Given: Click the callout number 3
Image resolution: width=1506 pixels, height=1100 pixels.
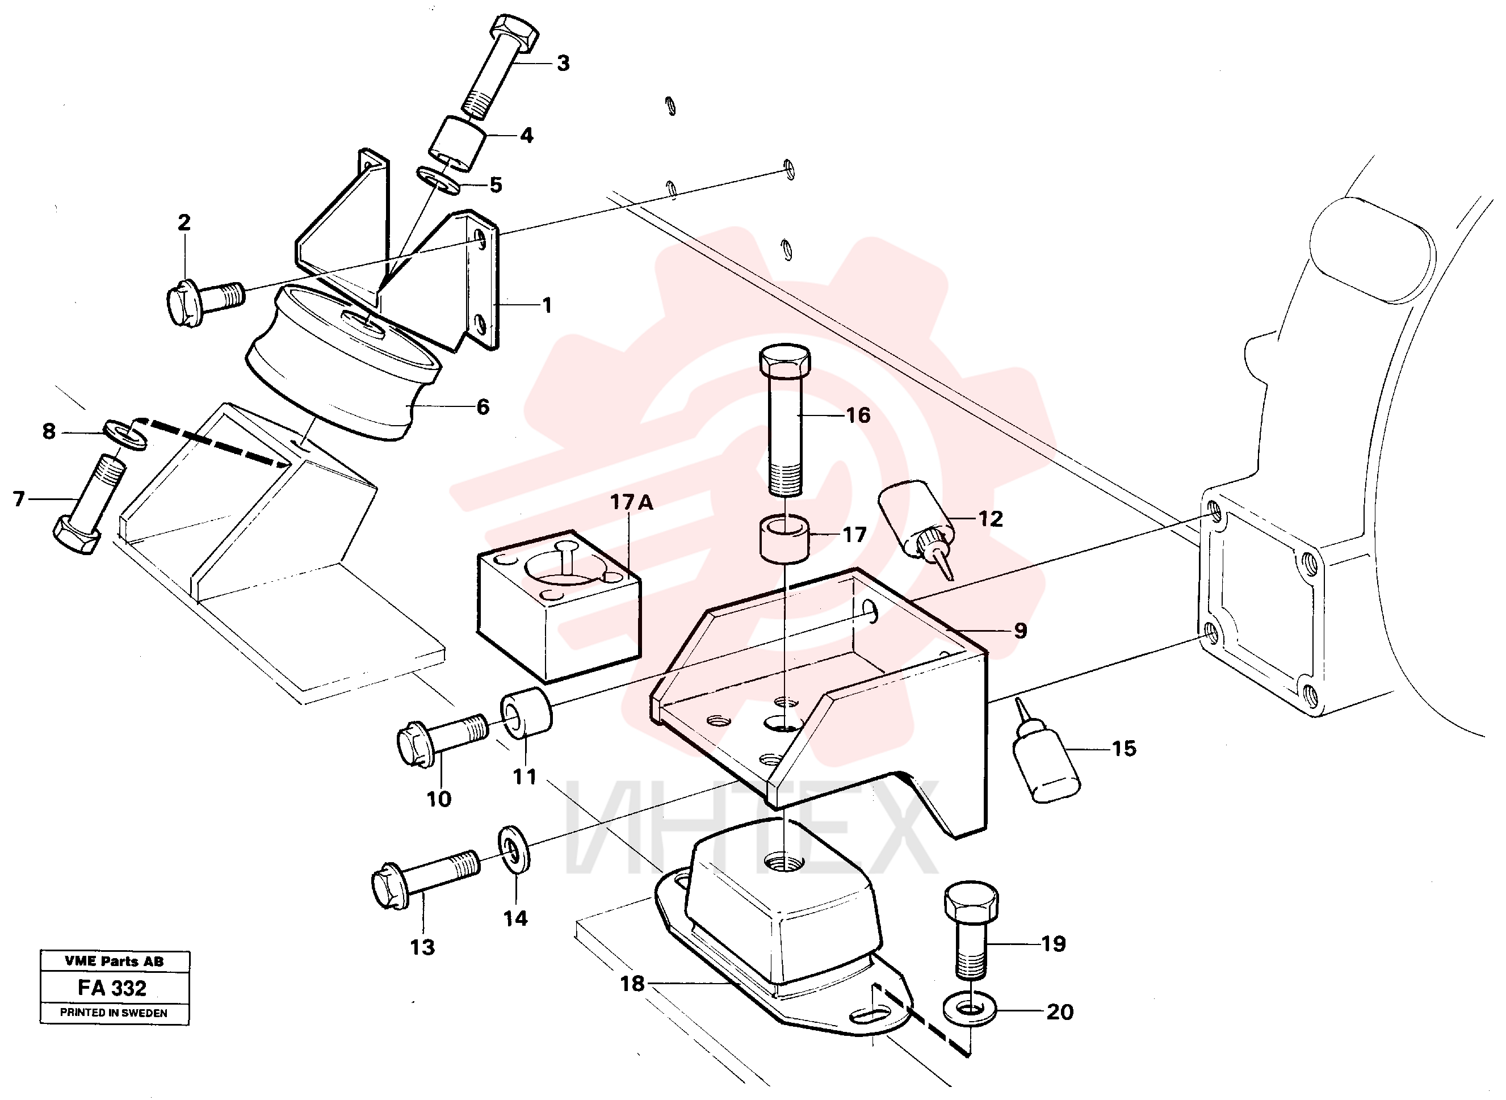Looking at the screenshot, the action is [563, 63].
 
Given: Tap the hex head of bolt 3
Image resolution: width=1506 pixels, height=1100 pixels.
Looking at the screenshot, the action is [514, 31].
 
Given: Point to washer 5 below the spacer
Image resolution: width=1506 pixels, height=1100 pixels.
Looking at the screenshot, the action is [438, 180].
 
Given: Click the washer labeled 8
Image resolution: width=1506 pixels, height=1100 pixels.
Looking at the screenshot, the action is [125, 434].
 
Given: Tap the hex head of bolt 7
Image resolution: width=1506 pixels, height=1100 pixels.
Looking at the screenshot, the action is [77, 537].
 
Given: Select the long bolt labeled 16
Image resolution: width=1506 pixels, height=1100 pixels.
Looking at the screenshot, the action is [786, 420].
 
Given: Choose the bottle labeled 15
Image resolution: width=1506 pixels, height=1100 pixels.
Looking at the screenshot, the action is [1044, 751].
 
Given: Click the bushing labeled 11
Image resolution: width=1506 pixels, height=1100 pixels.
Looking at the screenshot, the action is [526, 715].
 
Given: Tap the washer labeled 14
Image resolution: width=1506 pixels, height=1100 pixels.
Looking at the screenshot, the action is [515, 849].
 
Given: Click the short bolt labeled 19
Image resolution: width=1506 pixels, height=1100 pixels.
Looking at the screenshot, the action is [971, 930].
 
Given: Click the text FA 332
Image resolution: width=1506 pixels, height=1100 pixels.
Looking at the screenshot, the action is [112, 988].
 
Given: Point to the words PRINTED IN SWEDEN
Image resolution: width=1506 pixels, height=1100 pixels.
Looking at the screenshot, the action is [114, 1013].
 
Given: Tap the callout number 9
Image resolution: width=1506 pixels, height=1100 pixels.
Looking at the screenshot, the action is [1021, 631].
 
